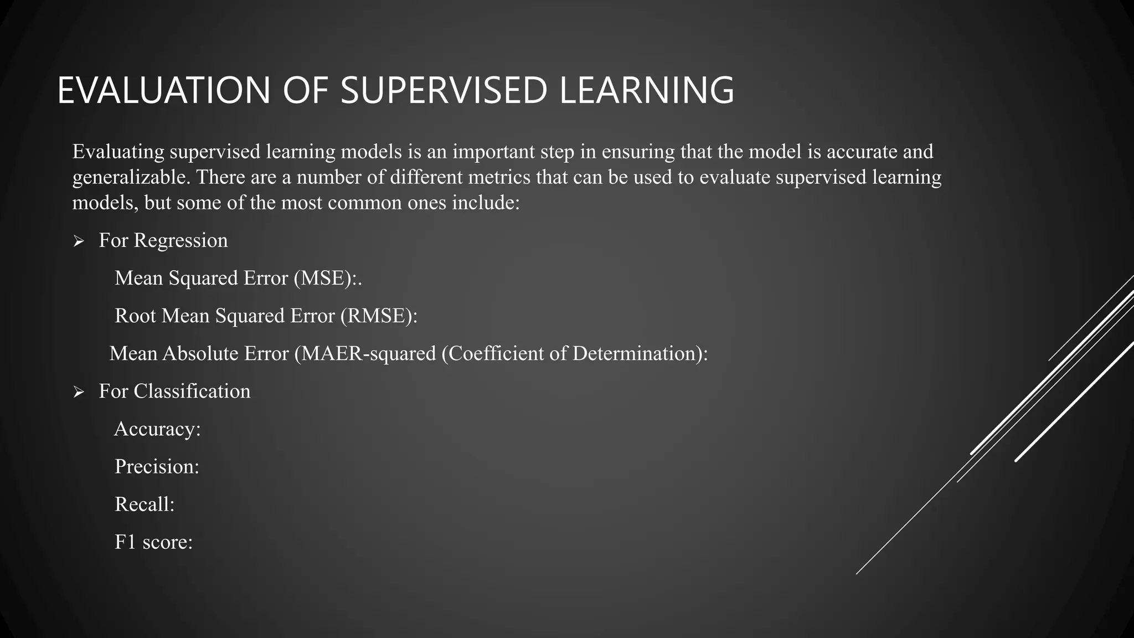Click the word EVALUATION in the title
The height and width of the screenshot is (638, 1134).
coord(163,90)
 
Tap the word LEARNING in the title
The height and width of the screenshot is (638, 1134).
coord(647,90)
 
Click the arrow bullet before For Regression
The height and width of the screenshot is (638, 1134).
coord(79,241)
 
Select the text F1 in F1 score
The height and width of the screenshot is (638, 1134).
coord(125,542)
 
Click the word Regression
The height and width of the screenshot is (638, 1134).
coord(181,240)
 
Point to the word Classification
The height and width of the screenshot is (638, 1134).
coord(192,392)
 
